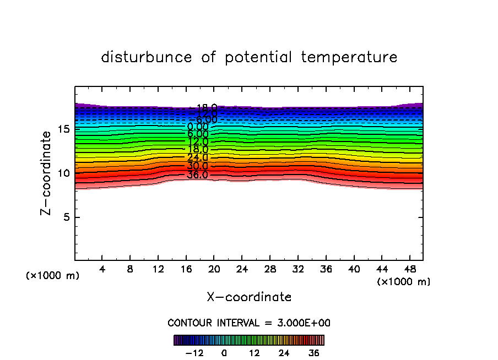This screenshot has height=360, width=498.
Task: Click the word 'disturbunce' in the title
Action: point(147,57)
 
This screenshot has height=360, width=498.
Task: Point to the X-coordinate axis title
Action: point(249,297)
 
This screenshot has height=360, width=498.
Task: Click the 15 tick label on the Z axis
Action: point(62,129)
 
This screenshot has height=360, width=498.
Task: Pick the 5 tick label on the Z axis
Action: point(64,217)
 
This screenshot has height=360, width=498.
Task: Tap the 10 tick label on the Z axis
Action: point(62,173)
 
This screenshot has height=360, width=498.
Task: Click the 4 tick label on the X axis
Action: point(102,270)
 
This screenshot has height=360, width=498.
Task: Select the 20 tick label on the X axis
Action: point(214,270)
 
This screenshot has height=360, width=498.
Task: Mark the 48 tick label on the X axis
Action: point(409,270)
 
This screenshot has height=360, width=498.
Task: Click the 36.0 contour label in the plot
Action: point(197,176)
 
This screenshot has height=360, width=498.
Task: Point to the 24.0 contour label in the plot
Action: point(197,158)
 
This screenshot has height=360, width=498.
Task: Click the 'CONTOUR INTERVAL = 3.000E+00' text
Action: point(249,323)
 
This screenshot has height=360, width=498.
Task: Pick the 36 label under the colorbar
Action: point(314,353)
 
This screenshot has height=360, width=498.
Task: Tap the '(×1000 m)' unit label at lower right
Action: point(404,282)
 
